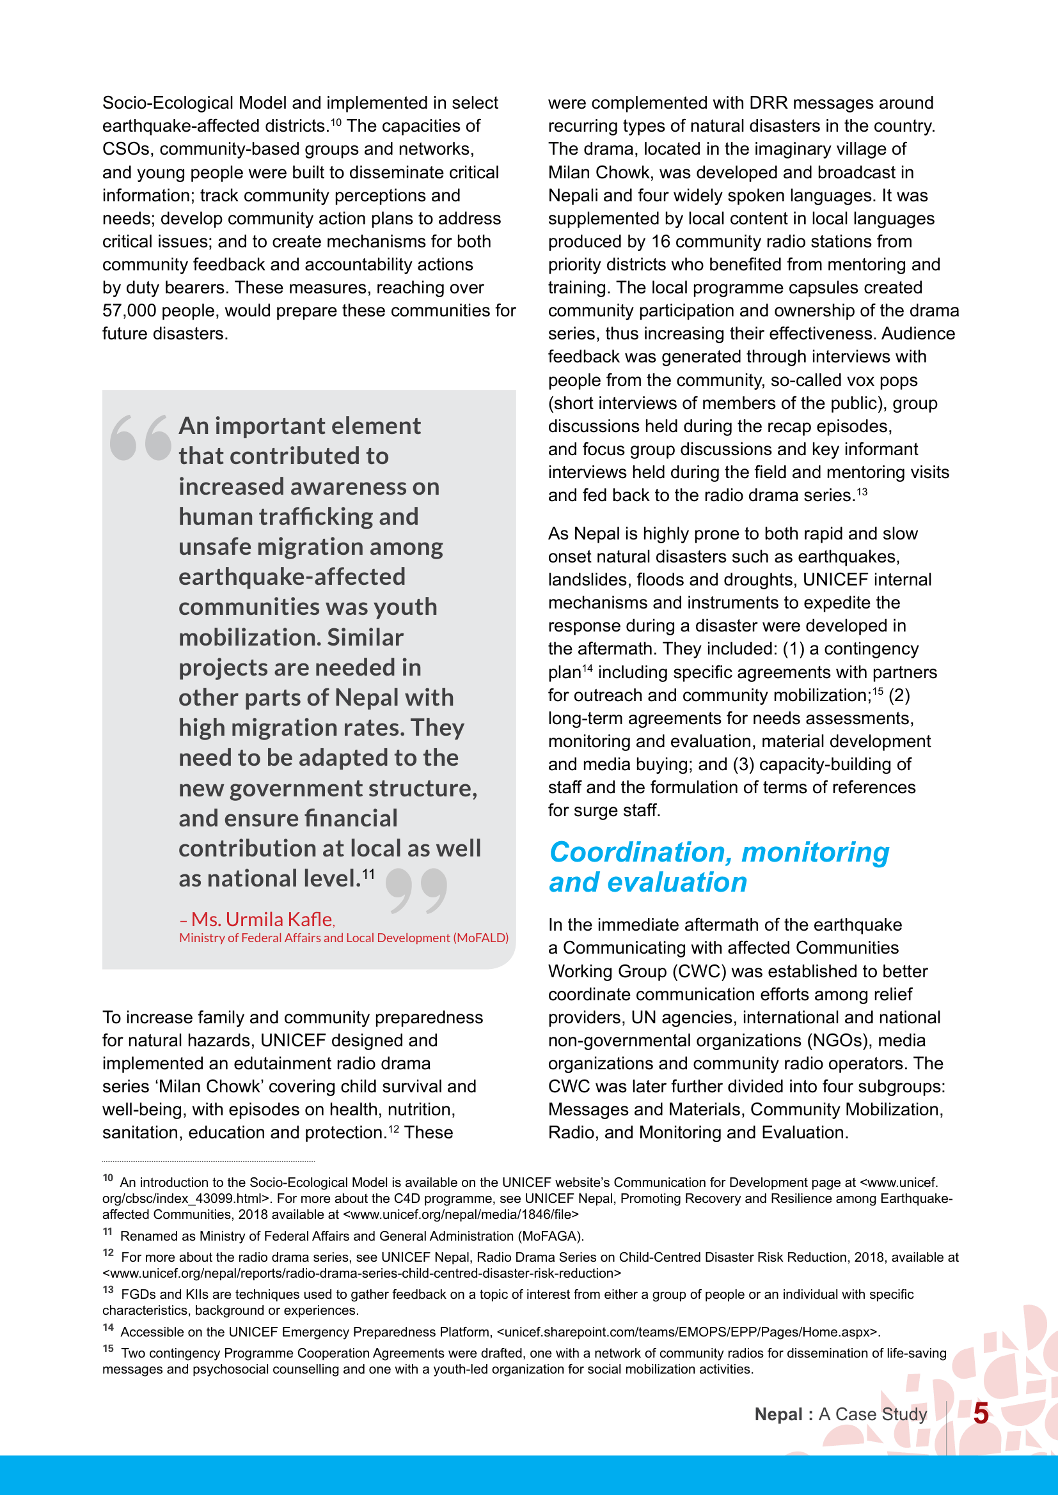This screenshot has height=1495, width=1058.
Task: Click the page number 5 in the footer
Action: pyautogui.click(x=981, y=1414)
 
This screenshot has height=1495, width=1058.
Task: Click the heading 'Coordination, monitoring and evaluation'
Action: pyautogui.click(x=718, y=867)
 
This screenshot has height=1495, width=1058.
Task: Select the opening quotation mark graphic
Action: pyautogui.click(x=140, y=438)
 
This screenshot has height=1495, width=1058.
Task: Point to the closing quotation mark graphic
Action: pyautogui.click(x=416, y=890)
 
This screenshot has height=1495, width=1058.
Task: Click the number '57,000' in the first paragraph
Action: pyautogui.click(x=129, y=311)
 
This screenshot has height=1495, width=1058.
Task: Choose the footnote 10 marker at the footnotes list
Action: pyautogui.click(x=108, y=1179)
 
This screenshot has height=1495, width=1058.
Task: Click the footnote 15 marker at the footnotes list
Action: pyautogui.click(x=108, y=1349)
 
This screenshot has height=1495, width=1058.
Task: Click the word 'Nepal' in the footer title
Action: pyautogui.click(x=778, y=1414)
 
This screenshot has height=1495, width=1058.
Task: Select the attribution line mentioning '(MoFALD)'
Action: pyautogui.click(x=343, y=938)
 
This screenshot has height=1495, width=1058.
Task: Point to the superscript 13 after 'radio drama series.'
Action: pyautogui.click(x=862, y=492)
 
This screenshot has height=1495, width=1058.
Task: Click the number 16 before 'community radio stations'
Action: pyautogui.click(x=661, y=242)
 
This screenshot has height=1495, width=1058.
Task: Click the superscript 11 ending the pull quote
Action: pyautogui.click(x=368, y=874)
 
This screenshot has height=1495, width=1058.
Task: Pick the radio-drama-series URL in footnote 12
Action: pyautogui.click(x=361, y=1273)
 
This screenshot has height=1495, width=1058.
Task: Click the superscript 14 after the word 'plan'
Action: pyautogui.click(x=588, y=669)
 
